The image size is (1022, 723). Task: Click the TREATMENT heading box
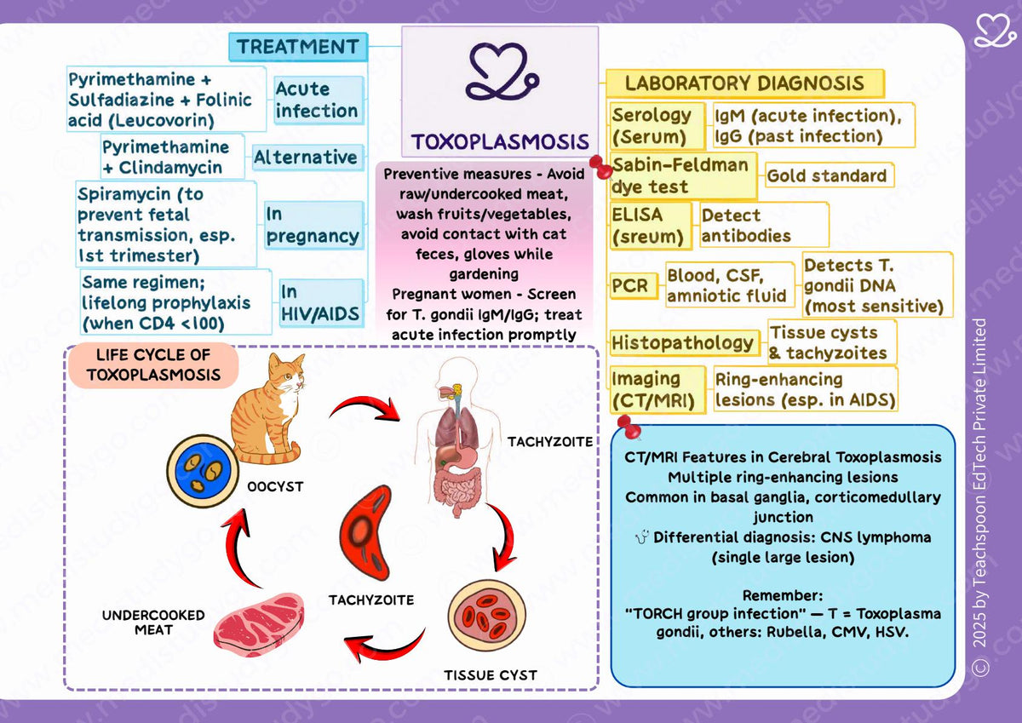[x=298, y=47]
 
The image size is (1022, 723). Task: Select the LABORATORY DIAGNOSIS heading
[x=745, y=83]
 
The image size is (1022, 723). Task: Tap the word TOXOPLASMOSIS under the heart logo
[x=500, y=141]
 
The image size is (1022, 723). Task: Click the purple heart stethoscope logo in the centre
[x=502, y=72]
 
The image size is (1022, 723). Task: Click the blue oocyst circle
[x=203, y=471]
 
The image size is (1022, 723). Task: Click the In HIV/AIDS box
[x=321, y=303]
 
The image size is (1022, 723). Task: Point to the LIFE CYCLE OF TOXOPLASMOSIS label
[x=154, y=365]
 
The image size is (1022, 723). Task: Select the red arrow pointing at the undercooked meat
[x=383, y=645]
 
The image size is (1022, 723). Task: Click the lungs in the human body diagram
[x=456, y=429]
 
